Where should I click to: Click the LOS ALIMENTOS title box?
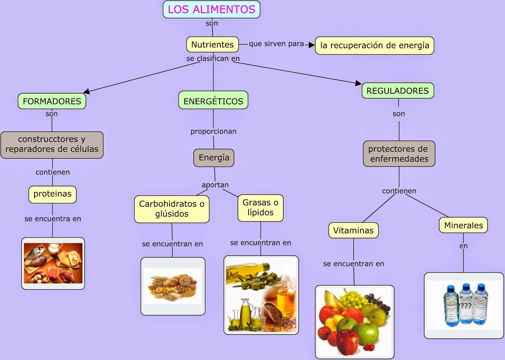(211, 9)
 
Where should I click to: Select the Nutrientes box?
(212, 44)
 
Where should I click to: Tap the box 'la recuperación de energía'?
(374, 45)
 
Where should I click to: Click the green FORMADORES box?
(52, 101)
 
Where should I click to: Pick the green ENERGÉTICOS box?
(213, 101)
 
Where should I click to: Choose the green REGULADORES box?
(398, 91)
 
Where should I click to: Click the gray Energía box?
(214, 157)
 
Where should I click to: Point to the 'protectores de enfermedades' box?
(399, 154)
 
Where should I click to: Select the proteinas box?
(52, 194)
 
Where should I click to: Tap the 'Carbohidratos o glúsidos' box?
(172, 209)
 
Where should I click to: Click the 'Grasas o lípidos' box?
(260, 208)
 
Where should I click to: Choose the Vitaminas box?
(353, 230)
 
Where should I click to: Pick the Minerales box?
(463, 225)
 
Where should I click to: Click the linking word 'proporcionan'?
(213, 131)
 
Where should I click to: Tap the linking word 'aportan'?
(215, 185)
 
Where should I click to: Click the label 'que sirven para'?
(276, 44)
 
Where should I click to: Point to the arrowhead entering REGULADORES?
(358, 83)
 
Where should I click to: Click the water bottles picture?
(464, 305)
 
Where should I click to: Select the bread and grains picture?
(173, 286)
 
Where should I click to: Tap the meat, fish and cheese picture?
(53, 263)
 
